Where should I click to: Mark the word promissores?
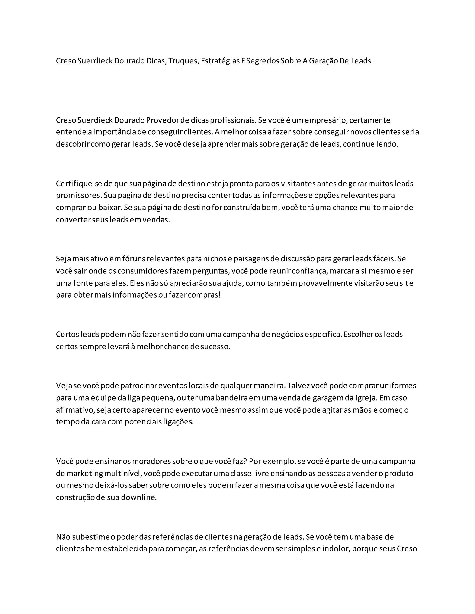tap(79, 195)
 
